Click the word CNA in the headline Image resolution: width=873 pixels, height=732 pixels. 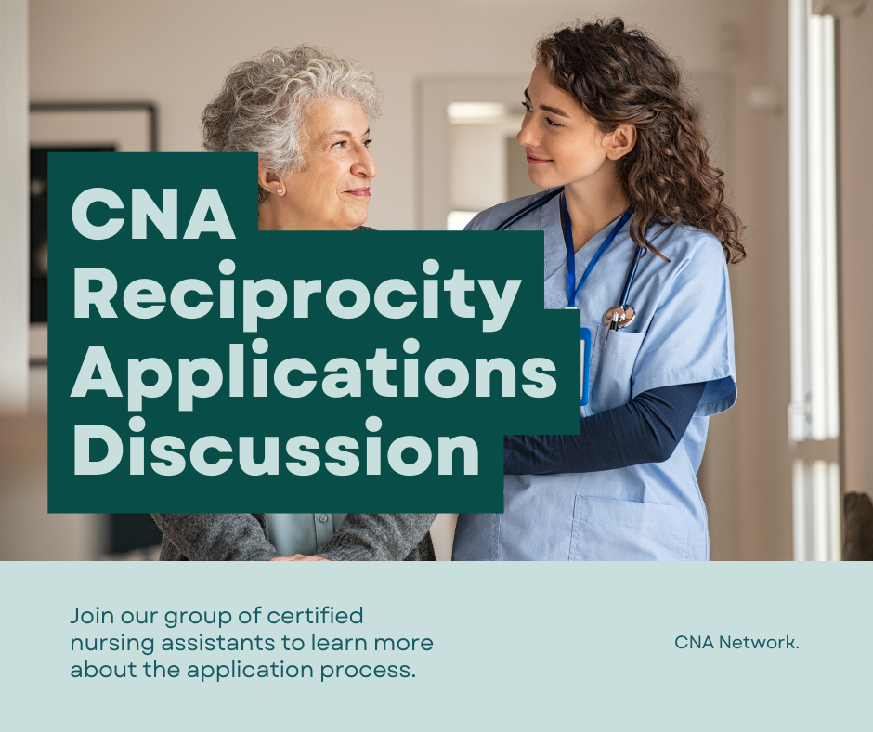pyautogui.click(x=153, y=214)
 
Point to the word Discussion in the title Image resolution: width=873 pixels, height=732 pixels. pyautogui.click(x=276, y=447)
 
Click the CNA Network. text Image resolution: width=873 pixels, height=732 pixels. pyautogui.click(x=736, y=642)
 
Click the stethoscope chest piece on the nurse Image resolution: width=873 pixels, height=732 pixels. pyautogui.click(x=619, y=317)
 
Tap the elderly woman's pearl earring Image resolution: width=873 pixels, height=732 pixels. pyautogui.click(x=280, y=191)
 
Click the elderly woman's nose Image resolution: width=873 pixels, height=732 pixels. pyautogui.click(x=368, y=166)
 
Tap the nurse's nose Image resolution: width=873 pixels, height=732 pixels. pyautogui.click(x=525, y=135)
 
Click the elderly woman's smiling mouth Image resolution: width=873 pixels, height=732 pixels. pyautogui.click(x=358, y=192)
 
